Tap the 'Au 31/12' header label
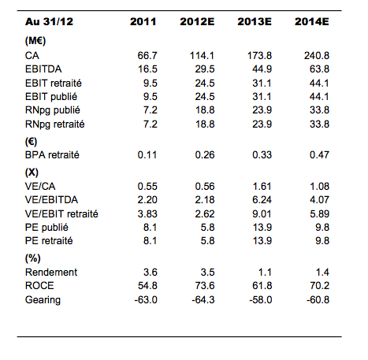46,21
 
